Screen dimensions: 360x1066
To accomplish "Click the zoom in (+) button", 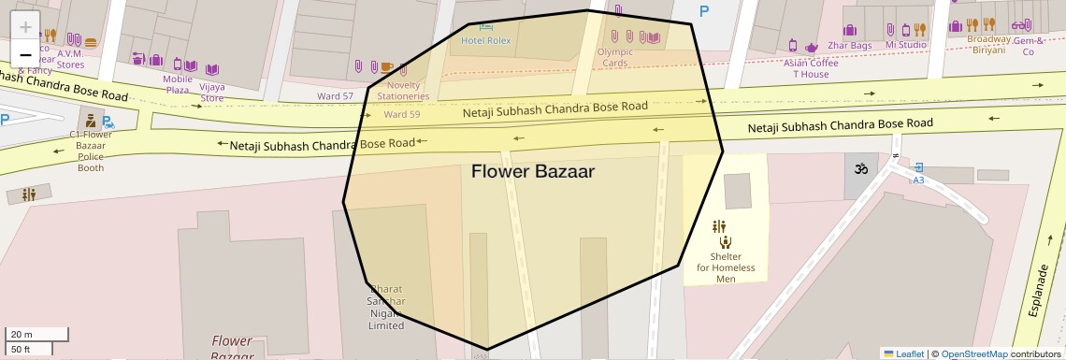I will tap(25, 27).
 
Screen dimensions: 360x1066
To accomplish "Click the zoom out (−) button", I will tap(25, 54).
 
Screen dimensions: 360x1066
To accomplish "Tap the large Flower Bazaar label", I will tap(532, 172).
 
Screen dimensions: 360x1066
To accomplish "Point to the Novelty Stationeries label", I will tap(403, 91).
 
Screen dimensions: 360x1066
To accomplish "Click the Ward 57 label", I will tap(335, 96).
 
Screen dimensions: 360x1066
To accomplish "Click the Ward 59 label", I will tap(401, 115).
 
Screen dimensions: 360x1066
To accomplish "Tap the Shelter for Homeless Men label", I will tap(726, 267).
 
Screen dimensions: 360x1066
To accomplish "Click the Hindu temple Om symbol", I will tap(860, 169).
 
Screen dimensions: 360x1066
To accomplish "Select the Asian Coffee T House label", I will tap(811, 68).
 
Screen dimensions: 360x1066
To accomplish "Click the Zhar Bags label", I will tap(849, 45).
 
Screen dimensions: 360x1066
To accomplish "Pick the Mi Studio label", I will tap(905, 45).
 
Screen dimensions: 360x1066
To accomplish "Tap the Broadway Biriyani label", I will tap(988, 45).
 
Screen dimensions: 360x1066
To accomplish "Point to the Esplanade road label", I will tap(1039, 290).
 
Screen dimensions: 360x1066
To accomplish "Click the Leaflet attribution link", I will tap(910, 353).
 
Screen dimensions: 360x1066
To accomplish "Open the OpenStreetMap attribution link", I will tap(973, 353).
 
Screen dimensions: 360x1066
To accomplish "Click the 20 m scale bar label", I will tap(21, 334).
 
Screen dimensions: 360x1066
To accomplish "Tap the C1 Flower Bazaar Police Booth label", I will tap(91, 151).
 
